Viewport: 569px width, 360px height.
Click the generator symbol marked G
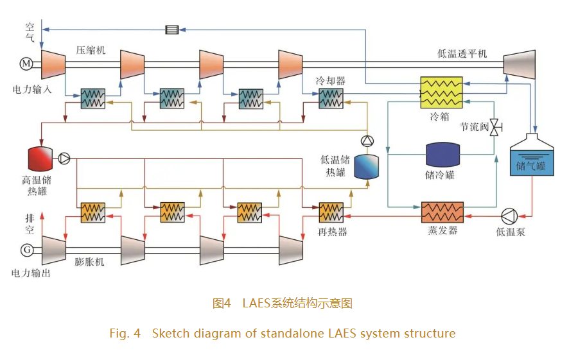click(x=26, y=249)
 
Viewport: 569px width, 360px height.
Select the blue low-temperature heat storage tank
click(x=367, y=166)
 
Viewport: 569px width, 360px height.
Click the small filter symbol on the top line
click(x=171, y=29)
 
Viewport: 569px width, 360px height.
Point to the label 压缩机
click(x=91, y=50)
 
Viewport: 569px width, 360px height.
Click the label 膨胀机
click(x=89, y=262)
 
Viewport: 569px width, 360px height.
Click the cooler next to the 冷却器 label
click(x=331, y=98)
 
